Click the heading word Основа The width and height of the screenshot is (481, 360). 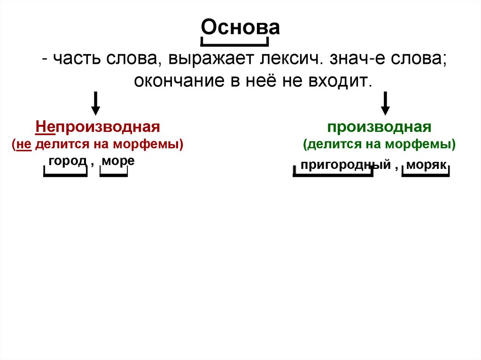[240, 28]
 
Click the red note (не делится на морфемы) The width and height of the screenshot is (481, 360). [98, 144]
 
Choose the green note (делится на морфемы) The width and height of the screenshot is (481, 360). [380, 144]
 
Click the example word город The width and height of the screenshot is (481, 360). [67, 161]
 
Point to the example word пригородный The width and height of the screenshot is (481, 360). [346, 165]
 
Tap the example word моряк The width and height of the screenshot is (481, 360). [426, 165]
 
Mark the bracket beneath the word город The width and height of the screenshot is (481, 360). [65, 176]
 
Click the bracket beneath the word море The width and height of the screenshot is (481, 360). [114, 176]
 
